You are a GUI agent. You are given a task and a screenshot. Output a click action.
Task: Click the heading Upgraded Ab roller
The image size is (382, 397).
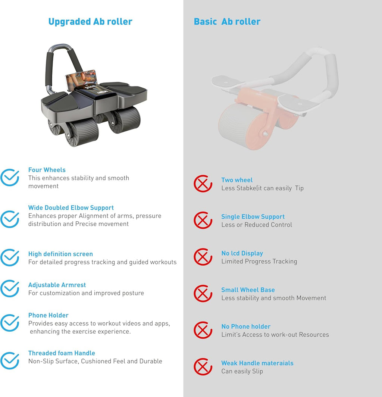[90, 22]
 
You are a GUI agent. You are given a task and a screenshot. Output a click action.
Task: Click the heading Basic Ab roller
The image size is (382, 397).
[227, 22]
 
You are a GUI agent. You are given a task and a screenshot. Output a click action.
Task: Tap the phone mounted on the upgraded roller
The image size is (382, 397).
[81, 79]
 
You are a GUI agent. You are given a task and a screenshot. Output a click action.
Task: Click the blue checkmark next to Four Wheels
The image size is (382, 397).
[10, 177]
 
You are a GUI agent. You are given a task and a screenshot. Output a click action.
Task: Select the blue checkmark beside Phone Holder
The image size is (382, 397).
[10, 323]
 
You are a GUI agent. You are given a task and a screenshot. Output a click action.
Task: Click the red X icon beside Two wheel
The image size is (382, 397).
[203, 184]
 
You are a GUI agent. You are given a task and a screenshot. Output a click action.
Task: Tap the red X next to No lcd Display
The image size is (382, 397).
[203, 257]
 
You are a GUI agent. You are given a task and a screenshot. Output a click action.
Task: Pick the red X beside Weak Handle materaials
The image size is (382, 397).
[203, 367]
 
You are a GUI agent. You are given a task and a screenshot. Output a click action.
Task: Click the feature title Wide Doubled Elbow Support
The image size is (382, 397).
[71, 208]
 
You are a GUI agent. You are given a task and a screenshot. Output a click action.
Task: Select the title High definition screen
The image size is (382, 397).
[60, 254]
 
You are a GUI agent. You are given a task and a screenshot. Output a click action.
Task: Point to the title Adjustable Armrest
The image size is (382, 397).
[57, 285]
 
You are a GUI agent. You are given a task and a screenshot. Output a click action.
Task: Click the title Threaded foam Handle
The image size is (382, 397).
[62, 353]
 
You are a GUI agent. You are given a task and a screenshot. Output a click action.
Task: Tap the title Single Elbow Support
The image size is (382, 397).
[253, 217]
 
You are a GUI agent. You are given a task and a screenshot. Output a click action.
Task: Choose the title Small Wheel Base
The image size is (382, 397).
[248, 290]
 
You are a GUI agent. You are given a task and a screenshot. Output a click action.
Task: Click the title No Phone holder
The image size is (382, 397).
[246, 326]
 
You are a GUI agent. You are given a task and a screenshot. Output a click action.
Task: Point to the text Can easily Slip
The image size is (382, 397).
[242, 371]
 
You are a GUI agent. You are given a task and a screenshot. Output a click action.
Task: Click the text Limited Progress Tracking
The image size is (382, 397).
[259, 261]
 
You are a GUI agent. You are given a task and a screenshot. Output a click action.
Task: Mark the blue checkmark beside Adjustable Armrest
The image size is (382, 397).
[10, 288]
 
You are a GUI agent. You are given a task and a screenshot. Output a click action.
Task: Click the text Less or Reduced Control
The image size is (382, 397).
[257, 225]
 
